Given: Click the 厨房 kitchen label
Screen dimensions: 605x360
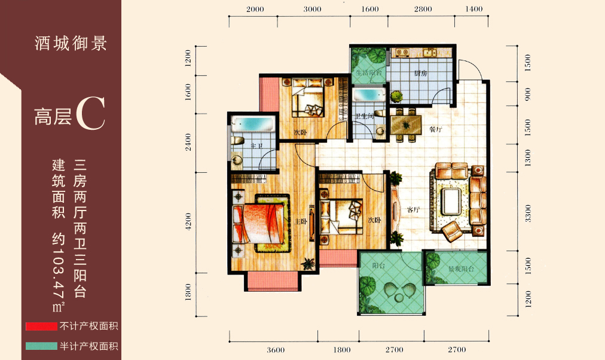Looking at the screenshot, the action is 420,74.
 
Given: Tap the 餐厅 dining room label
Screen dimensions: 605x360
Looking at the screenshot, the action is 436,129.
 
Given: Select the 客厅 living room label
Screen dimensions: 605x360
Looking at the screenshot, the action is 413,210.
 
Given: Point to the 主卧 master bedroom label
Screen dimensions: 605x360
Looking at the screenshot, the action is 301,221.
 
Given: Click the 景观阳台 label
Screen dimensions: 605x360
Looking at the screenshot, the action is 461,269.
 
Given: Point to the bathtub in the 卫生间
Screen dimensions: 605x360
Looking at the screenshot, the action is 369,95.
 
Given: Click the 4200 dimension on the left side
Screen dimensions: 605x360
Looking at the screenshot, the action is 188,221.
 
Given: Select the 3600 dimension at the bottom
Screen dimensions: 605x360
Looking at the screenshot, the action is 276,350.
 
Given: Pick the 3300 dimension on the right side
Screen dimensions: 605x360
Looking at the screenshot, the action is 528,213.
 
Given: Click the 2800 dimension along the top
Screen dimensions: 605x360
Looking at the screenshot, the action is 423,9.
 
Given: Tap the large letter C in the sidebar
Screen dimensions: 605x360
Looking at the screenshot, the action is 90,114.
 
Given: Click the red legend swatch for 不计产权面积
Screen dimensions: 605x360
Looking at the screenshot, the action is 42,327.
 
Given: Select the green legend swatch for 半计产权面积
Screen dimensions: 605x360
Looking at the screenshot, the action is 42,346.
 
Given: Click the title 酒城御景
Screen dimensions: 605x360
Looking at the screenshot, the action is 71,44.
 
